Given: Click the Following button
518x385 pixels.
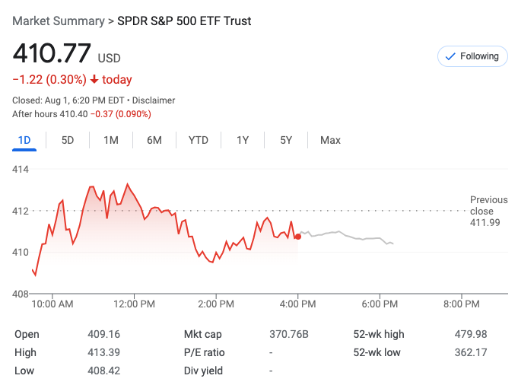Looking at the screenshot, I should tap(472, 56).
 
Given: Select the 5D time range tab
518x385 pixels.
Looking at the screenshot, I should tap(68, 140).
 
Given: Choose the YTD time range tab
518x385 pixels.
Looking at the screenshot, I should tap(199, 140).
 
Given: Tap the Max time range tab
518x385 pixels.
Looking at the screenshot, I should tap(330, 140).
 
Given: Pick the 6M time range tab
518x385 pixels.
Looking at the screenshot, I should tap(154, 140).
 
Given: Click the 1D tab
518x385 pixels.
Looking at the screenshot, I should tap(24, 140).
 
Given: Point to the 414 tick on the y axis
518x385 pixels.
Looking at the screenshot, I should tap(21, 169).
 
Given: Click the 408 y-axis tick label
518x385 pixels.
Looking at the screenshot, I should tap(21, 294).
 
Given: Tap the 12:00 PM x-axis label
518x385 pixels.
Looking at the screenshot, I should tap(135, 304).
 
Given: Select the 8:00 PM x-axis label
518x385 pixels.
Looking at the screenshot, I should tap(461, 304).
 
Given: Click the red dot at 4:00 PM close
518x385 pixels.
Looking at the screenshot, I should tap(298, 237).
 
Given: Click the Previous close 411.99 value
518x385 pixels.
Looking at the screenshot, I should tap(485, 222).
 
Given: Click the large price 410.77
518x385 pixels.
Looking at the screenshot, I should tap(51, 55).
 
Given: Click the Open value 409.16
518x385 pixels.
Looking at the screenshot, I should tap(103, 334).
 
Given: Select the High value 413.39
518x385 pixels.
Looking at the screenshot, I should tap(103, 352).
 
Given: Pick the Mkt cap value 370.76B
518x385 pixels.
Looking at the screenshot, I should tap(289, 334).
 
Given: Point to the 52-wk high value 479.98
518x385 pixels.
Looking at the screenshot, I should tap(470, 334).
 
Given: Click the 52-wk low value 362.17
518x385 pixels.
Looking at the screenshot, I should tap(470, 352).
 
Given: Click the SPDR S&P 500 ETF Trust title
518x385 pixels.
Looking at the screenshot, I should tap(184, 21).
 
